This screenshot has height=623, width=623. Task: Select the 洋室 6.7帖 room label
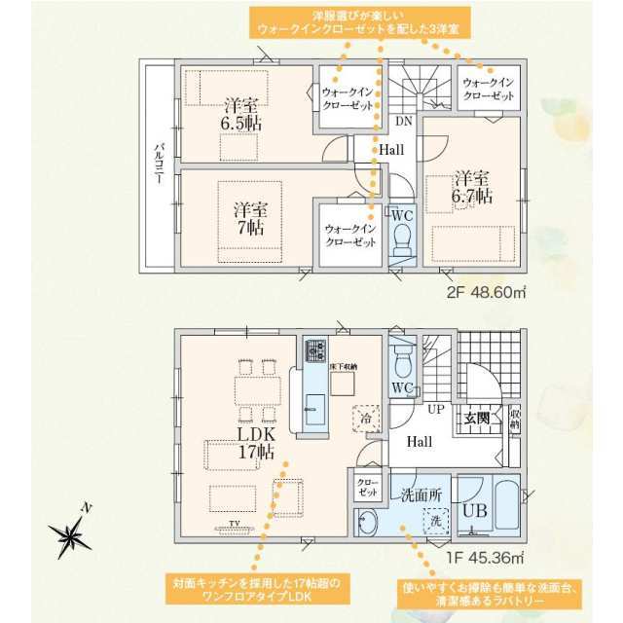click(472, 187)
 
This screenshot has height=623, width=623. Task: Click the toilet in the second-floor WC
click(402, 237)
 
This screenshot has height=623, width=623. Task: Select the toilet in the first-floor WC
click(404, 359)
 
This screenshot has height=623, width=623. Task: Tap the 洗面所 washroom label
click(421, 495)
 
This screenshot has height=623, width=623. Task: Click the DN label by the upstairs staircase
click(402, 122)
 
